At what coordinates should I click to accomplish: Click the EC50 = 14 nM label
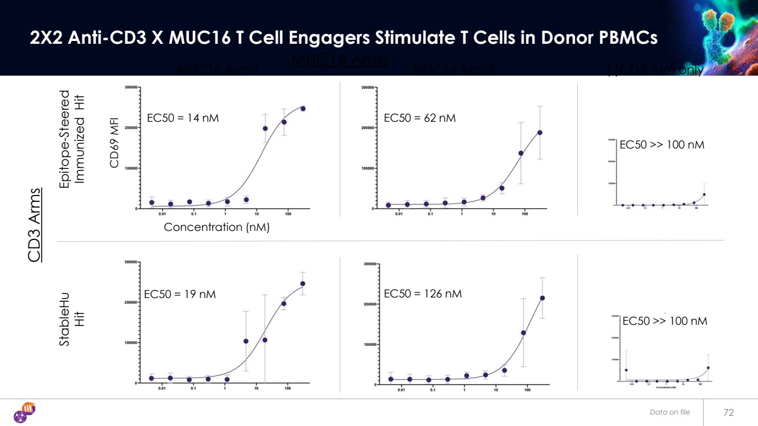pos(183,118)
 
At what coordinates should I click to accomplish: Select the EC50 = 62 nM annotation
pos(420,118)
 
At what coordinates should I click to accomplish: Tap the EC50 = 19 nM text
pos(180,295)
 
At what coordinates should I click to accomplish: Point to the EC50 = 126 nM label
pos(423,294)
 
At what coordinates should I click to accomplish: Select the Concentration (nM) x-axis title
pos(216,228)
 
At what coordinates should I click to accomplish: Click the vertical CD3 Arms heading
pos(35,225)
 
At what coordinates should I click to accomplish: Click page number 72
pos(728,412)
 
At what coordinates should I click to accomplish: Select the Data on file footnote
pos(670,412)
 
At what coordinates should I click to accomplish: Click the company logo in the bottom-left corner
pos(24,412)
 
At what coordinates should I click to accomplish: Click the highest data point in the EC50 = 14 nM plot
pos(303,109)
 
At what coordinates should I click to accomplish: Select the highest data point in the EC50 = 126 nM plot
pos(542,298)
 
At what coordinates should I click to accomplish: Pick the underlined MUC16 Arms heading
pos(339,60)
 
